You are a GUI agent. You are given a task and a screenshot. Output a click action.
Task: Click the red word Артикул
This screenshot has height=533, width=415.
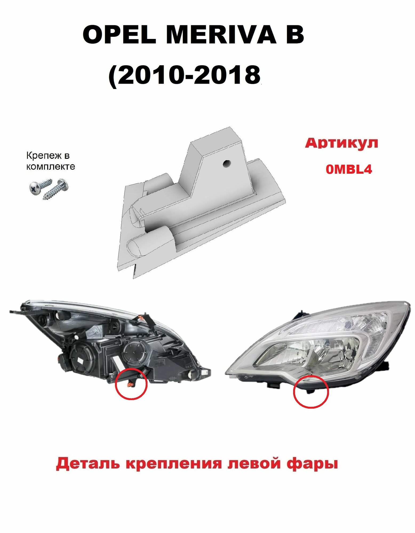click(x=342, y=143)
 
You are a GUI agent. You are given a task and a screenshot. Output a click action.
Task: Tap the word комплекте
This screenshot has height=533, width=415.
click(x=50, y=167)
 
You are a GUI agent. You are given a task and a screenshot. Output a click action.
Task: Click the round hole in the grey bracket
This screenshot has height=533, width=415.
click(x=226, y=163)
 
